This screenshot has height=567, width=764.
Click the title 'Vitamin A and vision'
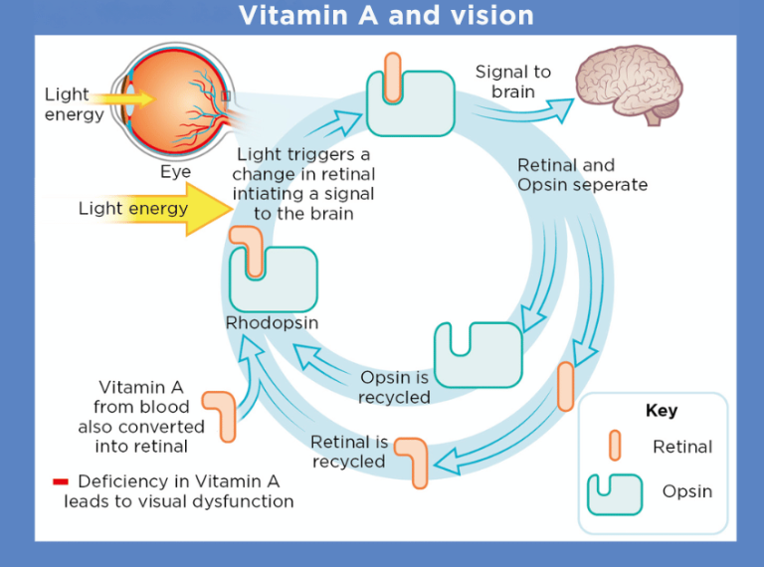click(386, 16)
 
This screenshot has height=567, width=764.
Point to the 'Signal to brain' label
click(512, 82)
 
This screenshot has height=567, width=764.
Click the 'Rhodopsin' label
click(272, 323)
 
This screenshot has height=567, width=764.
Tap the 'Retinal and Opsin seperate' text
click(582, 175)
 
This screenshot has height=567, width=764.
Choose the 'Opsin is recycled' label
click(395, 387)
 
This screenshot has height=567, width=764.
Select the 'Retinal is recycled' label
click(349, 452)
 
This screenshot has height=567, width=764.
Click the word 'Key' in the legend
click(661, 411)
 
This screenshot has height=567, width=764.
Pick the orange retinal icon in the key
click(615, 446)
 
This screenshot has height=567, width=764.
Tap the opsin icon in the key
click(615, 493)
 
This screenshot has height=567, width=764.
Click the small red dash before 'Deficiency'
click(61, 482)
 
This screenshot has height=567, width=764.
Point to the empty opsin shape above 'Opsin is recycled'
click(477, 354)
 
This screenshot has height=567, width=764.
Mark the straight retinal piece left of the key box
click(565, 387)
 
